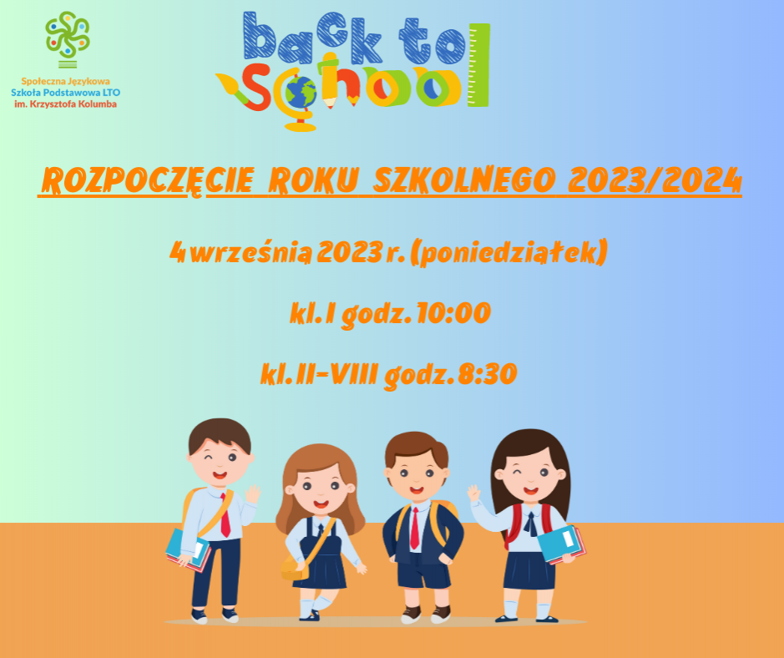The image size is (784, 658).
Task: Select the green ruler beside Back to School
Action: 478,65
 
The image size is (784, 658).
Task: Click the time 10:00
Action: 453,313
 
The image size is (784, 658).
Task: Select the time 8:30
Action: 487,374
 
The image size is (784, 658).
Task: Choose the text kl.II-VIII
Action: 319,374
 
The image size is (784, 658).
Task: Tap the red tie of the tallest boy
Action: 225,515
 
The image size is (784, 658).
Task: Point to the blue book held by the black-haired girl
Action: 558,544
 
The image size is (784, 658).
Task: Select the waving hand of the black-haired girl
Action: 473,493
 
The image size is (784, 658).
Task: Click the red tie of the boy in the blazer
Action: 414,529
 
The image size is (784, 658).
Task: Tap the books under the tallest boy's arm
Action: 188,550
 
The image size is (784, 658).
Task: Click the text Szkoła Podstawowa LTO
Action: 65,93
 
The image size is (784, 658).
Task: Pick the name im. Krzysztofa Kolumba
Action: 65,104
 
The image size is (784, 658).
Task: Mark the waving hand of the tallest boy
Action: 252,494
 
